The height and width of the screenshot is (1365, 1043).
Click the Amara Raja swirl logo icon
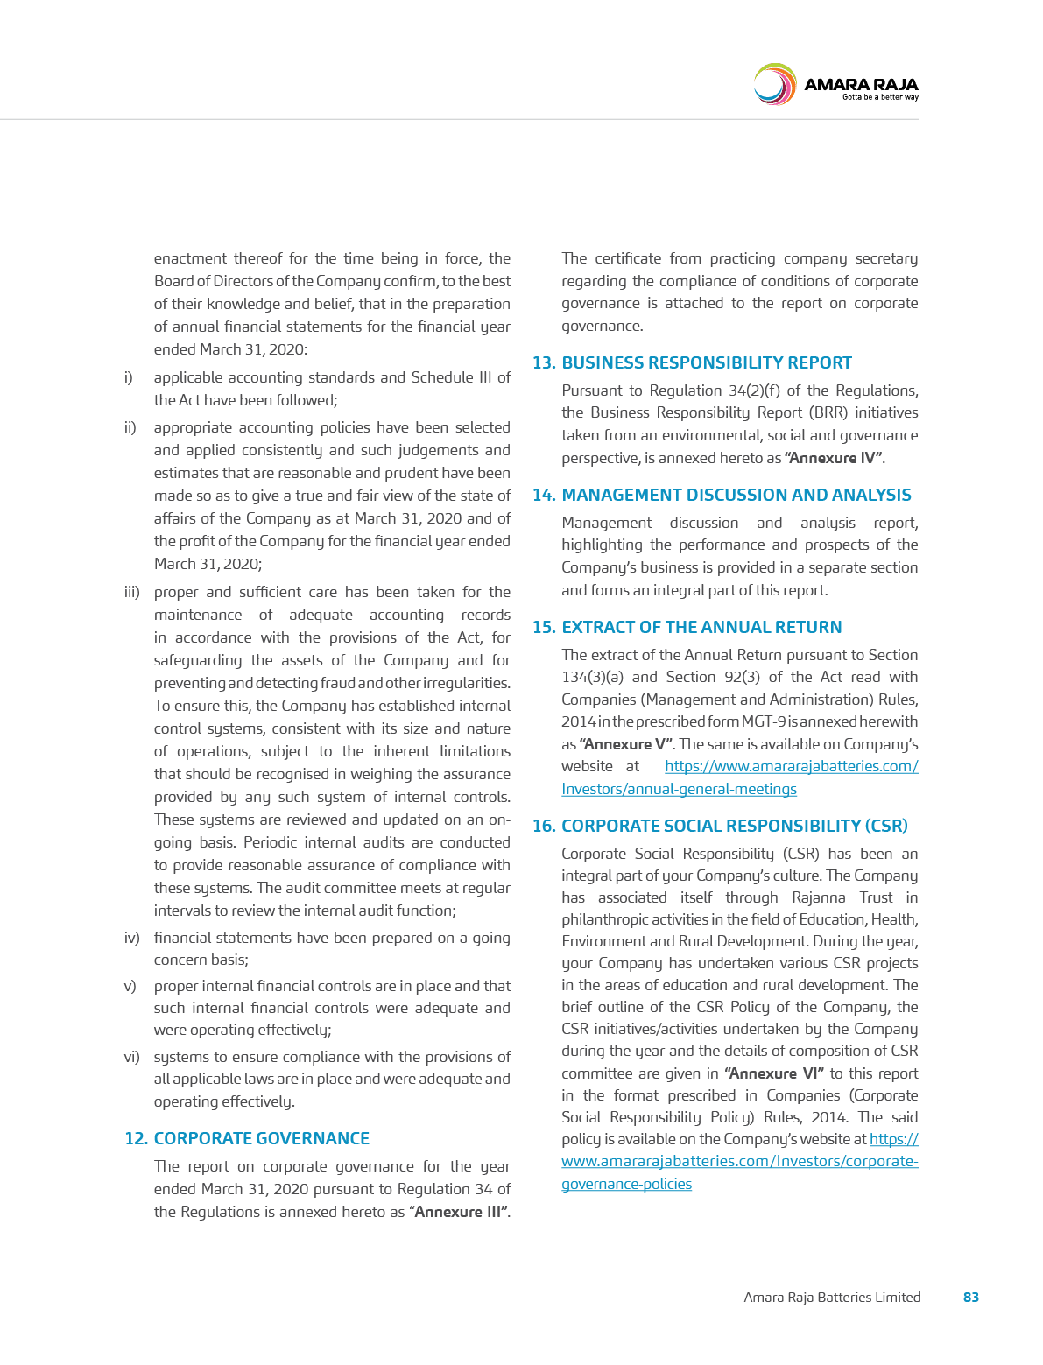(x=774, y=85)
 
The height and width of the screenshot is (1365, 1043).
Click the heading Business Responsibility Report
(x=706, y=362)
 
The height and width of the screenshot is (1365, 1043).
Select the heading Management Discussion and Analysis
(x=736, y=495)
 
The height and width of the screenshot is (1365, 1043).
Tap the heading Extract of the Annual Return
(x=701, y=627)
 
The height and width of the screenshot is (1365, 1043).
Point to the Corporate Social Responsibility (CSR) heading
(x=734, y=826)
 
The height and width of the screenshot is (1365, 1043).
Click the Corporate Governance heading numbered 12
(x=261, y=1138)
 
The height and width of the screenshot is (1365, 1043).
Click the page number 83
(x=970, y=1297)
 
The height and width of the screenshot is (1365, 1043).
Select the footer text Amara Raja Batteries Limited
(x=832, y=1297)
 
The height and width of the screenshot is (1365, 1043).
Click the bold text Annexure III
(x=460, y=1212)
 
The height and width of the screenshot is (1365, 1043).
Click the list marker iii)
(x=131, y=593)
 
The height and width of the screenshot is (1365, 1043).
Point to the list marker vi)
(x=131, y=1057)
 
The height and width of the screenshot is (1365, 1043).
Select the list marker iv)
(x=131, y=938)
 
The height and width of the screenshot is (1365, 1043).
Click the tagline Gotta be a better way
(x=879, y=97)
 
